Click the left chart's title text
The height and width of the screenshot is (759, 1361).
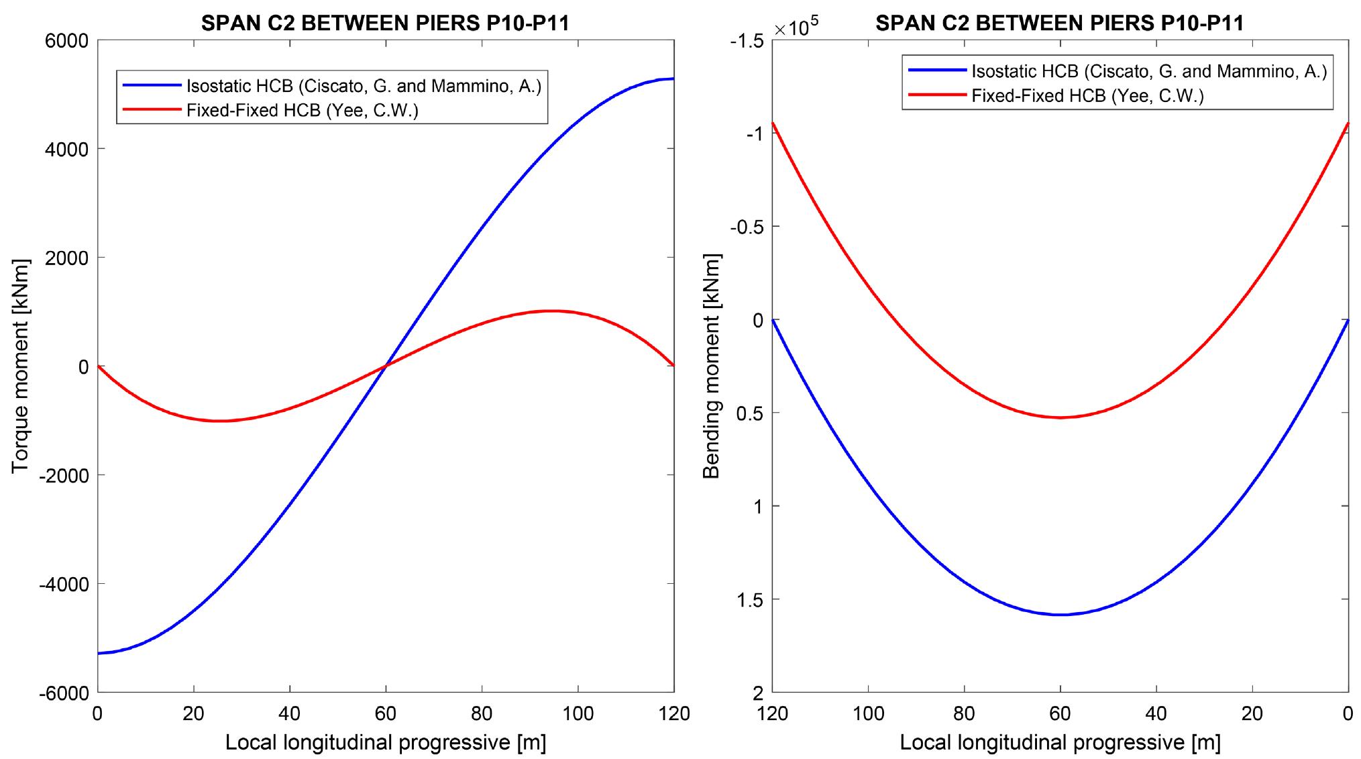click(385, 23)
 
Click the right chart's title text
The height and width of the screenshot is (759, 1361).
click(1059, 23)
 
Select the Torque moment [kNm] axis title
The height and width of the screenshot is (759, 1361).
click(21, 366)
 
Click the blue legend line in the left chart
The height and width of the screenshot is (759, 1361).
click(152, 86)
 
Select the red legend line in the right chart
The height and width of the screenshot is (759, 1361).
click(936, 96)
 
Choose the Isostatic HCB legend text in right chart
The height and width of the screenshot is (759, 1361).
click(1149, 72)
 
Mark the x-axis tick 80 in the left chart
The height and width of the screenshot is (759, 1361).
click(482, 713)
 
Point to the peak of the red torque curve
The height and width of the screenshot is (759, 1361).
click(550, 311)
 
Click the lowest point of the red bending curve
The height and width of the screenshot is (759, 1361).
click(1060, 417)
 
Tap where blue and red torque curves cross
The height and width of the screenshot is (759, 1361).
click(386, 366)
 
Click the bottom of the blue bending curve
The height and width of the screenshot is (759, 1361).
click(1060, 614)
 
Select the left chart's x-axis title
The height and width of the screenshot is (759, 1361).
click(385, 742)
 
